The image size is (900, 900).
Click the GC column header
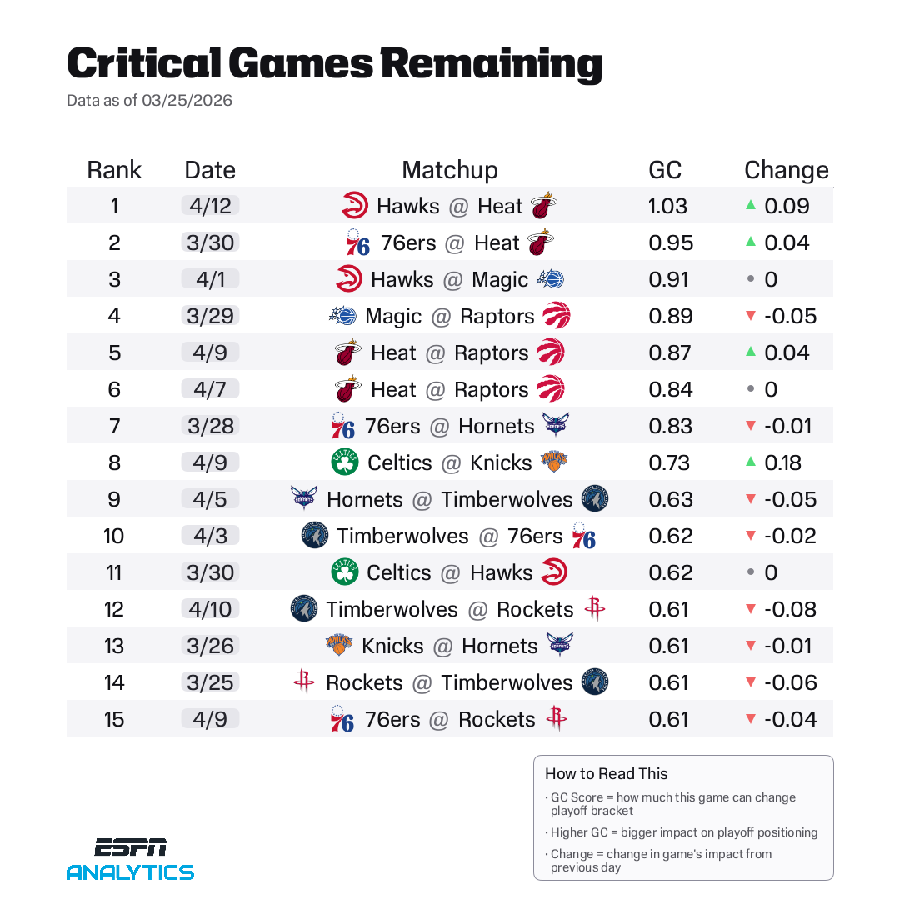coord(665,170)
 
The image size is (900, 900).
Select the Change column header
coord(786,170)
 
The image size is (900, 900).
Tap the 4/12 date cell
coord(210,206)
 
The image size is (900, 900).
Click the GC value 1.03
coord(667,206)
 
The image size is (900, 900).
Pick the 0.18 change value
coord(782,462)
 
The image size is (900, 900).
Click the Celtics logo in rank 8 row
coord(344,462)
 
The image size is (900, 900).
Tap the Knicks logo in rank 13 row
coord(339,646)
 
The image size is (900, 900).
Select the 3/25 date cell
coord(210,682)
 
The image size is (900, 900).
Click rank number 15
coord(114,719)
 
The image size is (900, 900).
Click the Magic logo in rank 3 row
coord(551,279)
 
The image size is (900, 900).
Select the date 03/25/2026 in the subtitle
coord(187,101)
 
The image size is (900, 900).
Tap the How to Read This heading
coord(606,773)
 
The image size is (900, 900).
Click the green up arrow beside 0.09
coord(750,206)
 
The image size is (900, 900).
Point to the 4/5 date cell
coord(210,499)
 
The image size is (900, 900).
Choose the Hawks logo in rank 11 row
coord(553,572)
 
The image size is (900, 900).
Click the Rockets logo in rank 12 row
coord(594,609)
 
